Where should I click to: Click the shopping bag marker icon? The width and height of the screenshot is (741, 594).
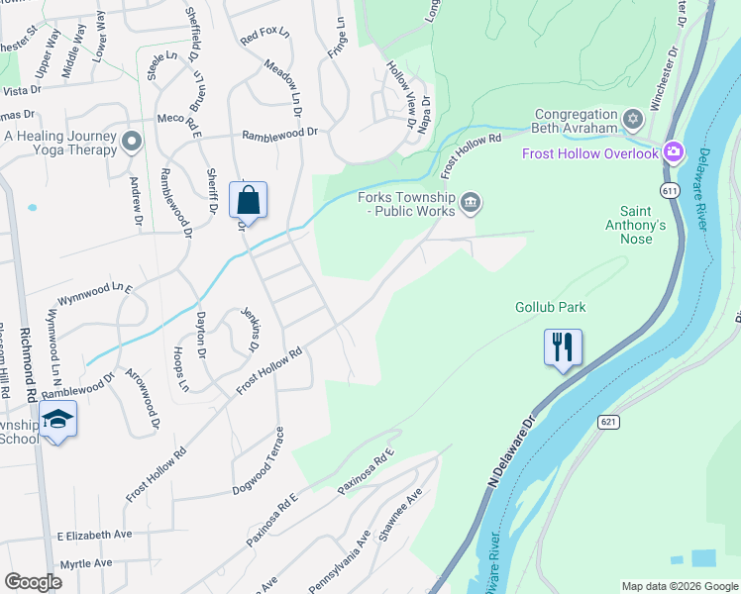(248, 200)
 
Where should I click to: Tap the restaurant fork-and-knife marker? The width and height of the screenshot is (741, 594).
(563, 347)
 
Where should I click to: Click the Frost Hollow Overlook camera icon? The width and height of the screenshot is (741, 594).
(674, 152)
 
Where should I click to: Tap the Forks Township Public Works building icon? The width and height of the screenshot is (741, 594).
(471, 203)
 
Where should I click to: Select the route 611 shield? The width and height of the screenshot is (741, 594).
(672, 187)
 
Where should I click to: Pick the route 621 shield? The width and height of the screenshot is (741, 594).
(608, 422)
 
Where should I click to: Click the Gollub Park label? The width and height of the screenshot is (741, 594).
(550, 307)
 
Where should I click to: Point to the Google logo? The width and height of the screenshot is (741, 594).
(34, 582)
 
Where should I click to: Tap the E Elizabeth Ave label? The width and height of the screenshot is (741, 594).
(94, 535)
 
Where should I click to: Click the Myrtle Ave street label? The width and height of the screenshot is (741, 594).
(86, 563)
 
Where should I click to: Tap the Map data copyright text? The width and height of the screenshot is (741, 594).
(679, 586)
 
